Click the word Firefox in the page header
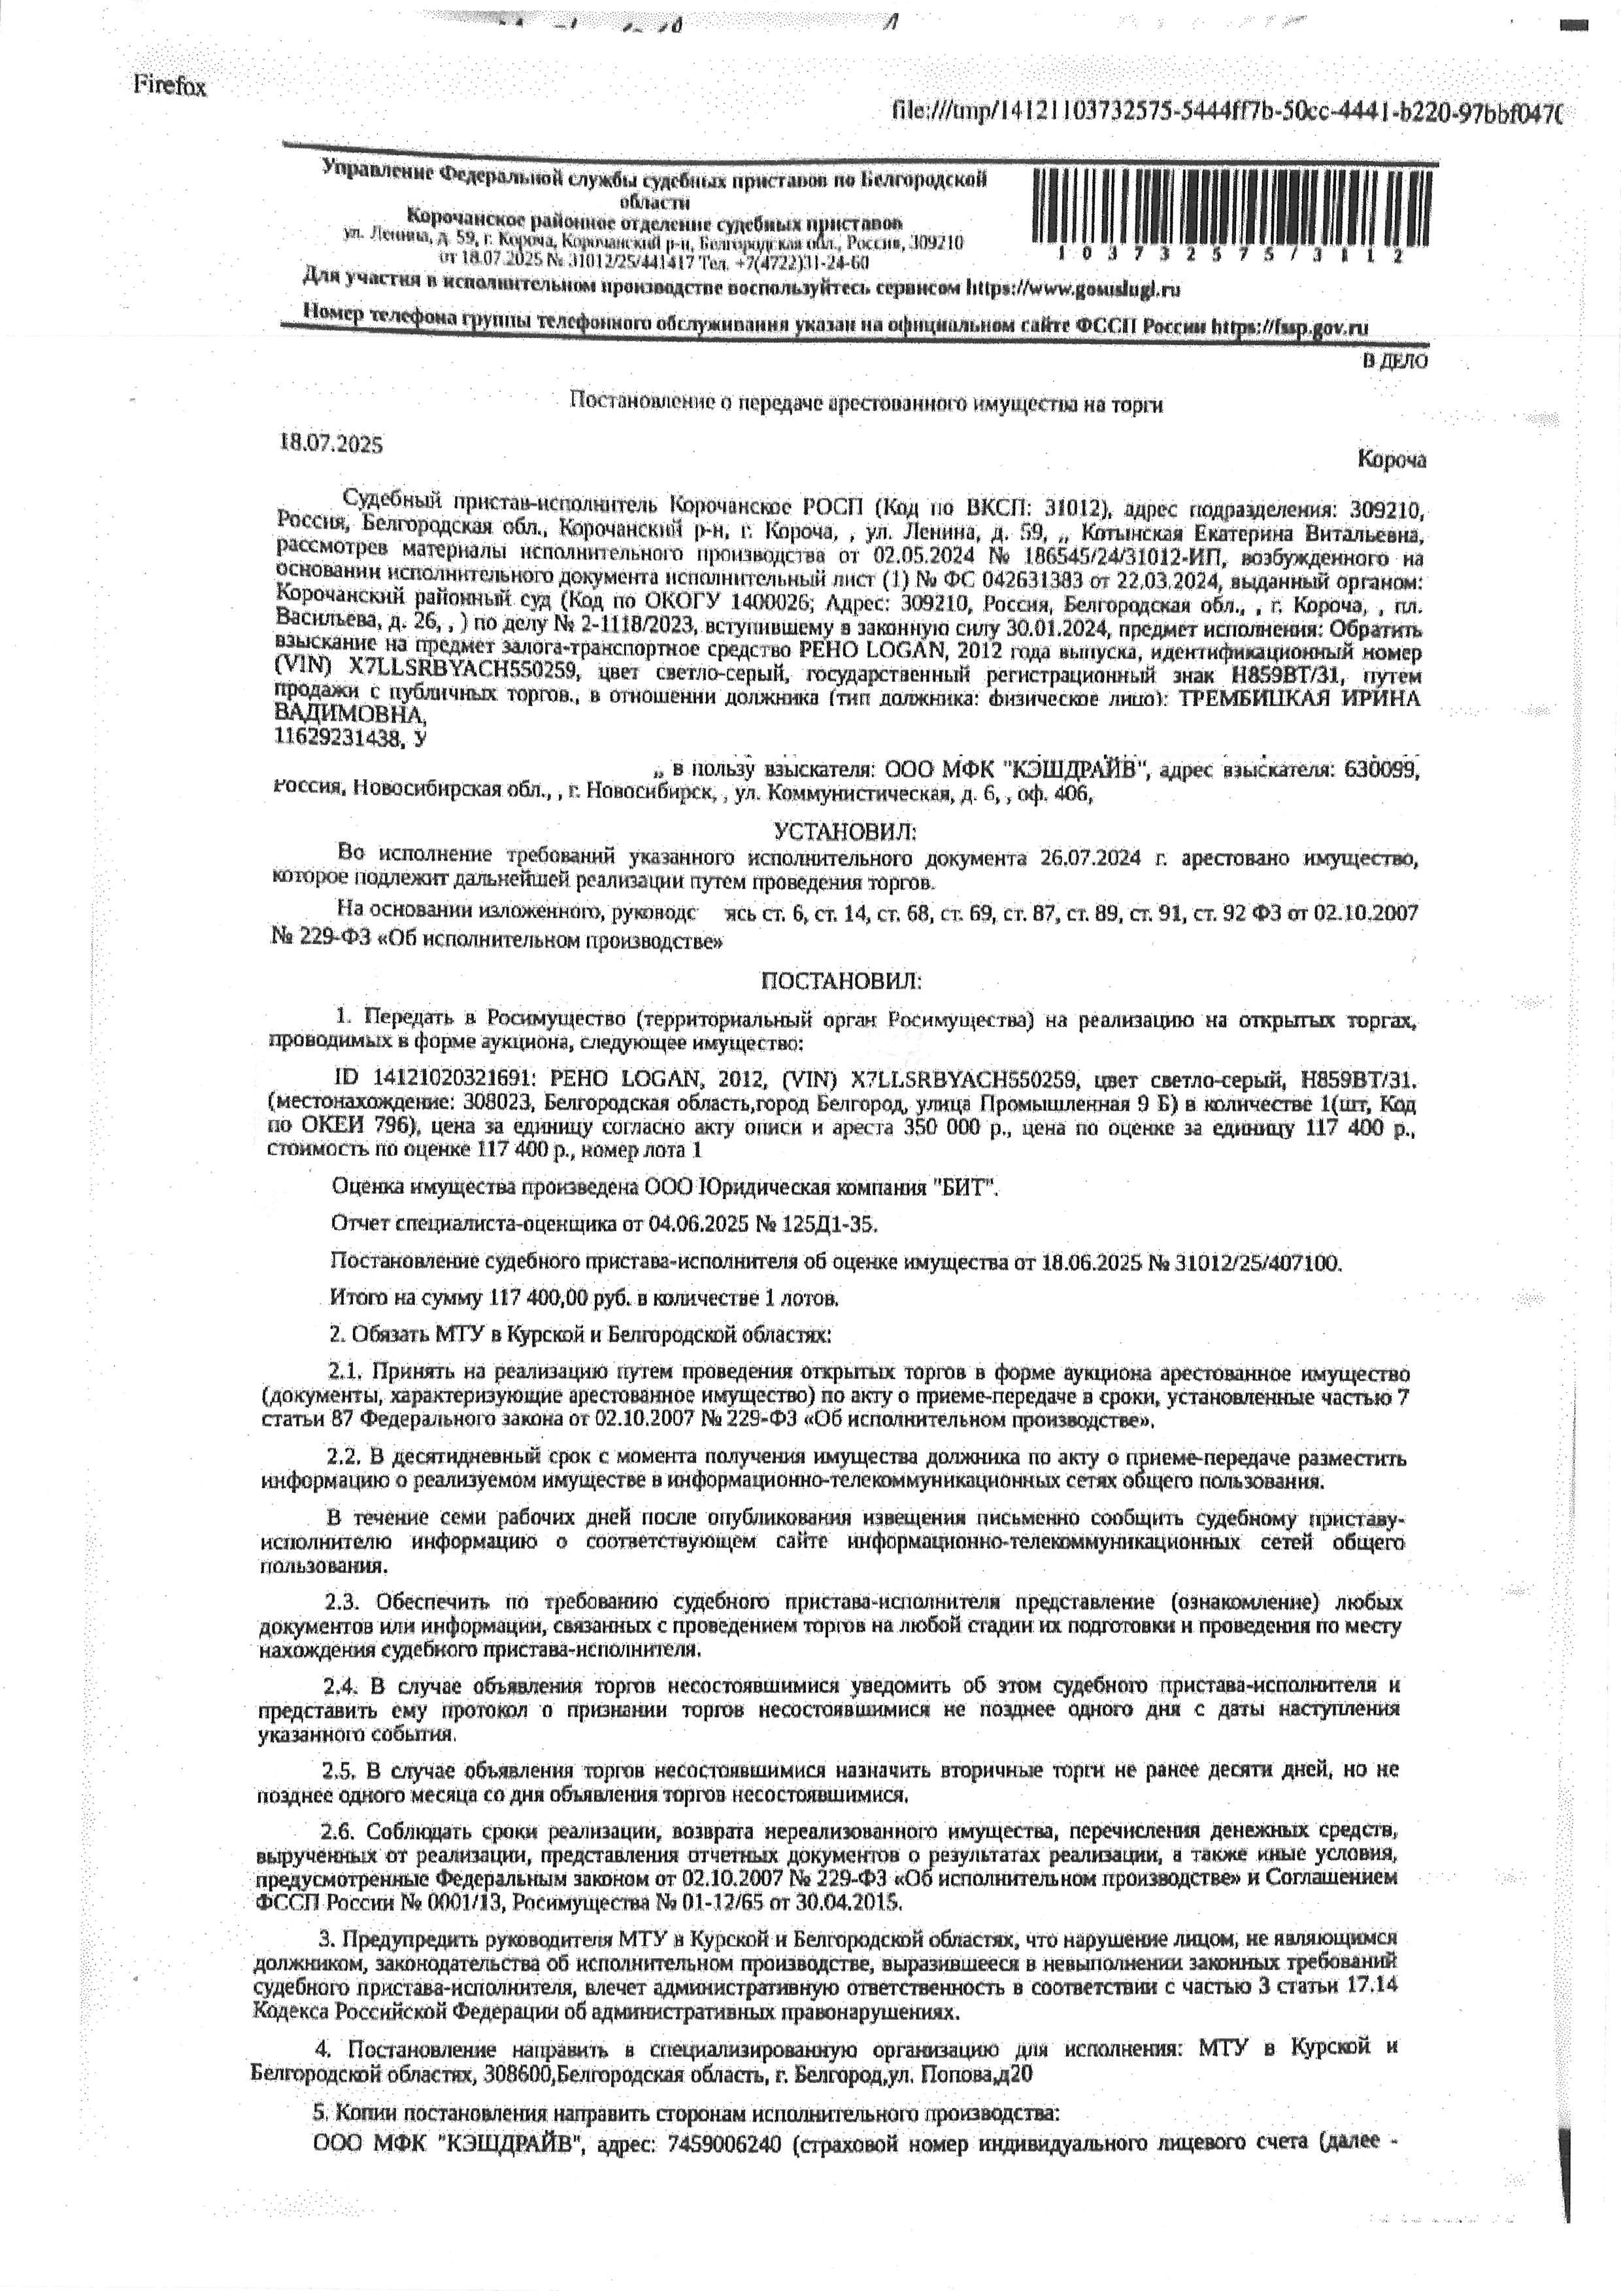pos(170,87)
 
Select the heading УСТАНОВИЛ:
pos(844,830)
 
